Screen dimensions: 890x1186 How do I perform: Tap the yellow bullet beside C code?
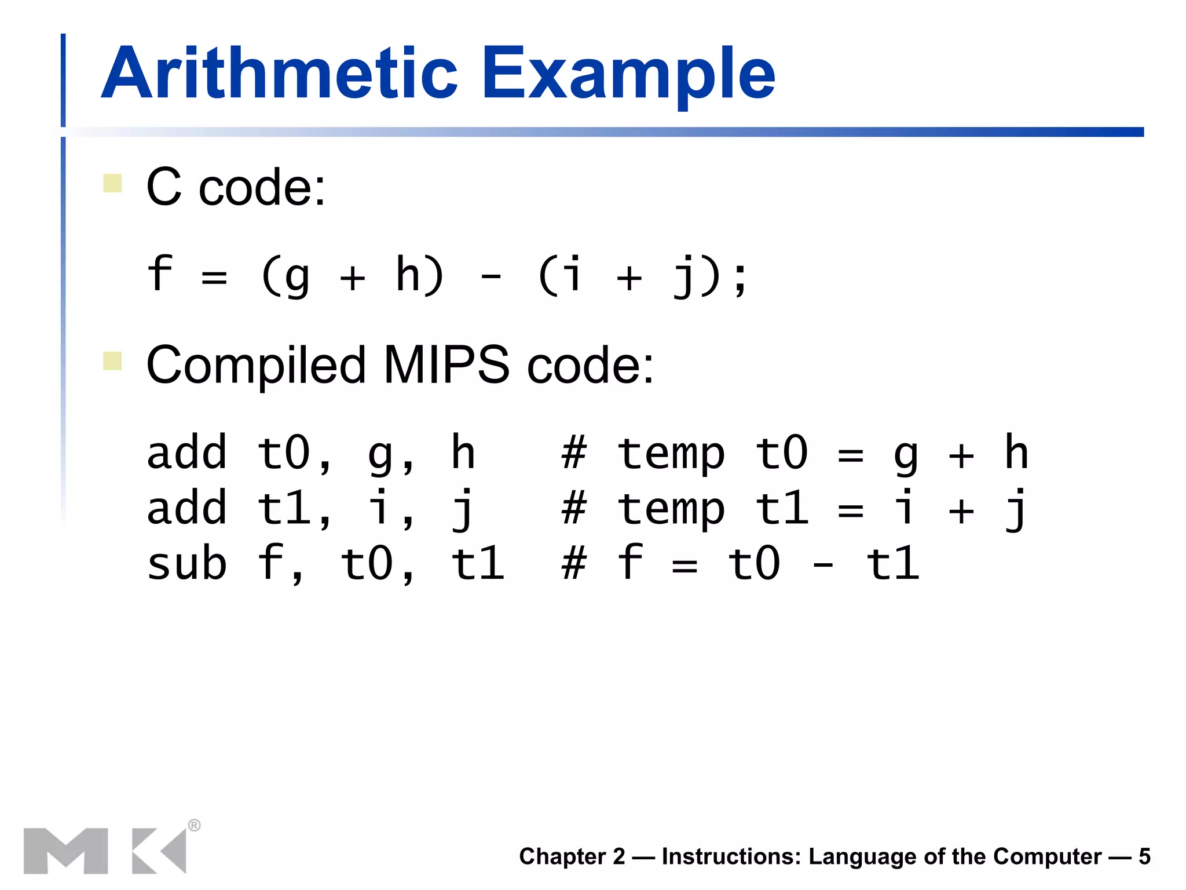[x=112, y=183]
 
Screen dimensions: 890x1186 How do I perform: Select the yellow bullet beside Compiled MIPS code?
[x=112, y=360]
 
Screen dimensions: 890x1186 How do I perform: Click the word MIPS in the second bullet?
[x=446, y=365]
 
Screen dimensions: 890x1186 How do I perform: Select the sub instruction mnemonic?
[x=186, y=564]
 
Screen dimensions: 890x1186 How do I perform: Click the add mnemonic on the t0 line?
[x=186, y=453]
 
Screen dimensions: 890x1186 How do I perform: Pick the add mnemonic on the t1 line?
[x=186, y=508]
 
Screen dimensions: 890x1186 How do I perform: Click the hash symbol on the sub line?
[x=574, y=563]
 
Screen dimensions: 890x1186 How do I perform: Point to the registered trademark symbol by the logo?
[x=195, y=825]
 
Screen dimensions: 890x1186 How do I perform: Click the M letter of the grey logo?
[x=65, y=851]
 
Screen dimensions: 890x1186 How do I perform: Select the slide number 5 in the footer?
[x=1144, y=856]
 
